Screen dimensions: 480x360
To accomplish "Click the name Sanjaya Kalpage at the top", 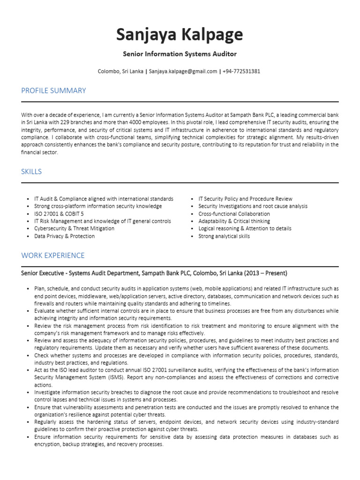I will [180, 34].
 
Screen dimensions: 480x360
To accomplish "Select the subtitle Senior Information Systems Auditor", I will [180, 54].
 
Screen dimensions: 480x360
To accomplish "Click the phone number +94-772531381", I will [241, 72].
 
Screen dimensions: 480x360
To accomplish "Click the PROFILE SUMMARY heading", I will [53, 90].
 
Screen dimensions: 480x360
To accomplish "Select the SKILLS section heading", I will [31, 172].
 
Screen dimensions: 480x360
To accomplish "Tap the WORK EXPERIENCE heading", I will [53, 255].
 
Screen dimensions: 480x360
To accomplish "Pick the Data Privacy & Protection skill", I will [64, 236].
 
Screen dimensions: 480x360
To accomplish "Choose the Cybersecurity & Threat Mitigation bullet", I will [74, 229].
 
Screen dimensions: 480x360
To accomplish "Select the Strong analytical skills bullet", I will [224, 236].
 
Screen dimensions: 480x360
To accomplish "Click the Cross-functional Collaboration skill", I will [234, 214].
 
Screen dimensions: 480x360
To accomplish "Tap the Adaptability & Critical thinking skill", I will [234, 221].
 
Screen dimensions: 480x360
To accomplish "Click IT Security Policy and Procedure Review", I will [245, 199].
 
